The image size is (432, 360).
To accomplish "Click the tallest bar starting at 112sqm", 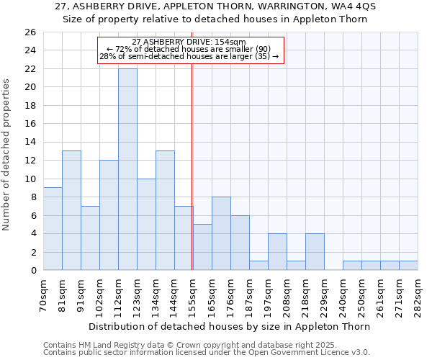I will pos(127,169).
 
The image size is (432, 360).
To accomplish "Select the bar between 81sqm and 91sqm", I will pos(71,210).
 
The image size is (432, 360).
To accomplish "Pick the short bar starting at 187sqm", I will pos(258,266).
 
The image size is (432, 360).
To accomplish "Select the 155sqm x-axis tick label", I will pos(193,294).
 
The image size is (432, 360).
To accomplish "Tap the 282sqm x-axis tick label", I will pos(418,294).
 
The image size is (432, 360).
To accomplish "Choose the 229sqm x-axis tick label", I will pos(324,294).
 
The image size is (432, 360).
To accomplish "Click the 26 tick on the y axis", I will pos(30,32).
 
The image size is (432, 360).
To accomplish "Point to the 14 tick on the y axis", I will pos(30,143).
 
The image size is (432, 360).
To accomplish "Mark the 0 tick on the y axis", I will pos(32,271).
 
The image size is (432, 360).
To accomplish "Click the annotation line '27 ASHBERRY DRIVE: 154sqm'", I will pos(189,42).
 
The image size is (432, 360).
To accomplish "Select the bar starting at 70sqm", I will pos(53,229).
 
